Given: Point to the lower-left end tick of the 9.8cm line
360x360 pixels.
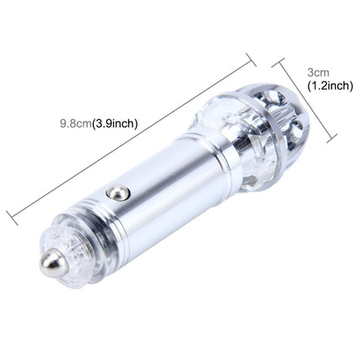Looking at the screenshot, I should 12,217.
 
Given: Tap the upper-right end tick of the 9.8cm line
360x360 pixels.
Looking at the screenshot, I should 250,56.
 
